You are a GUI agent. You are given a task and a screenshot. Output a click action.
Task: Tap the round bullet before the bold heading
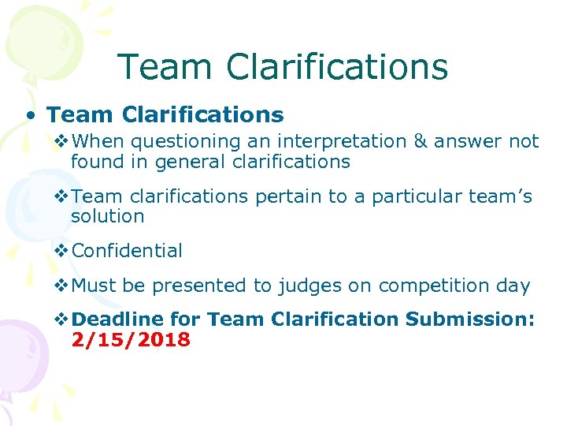click(29, 116)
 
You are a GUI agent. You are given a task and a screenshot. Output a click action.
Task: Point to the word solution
click(107, 216)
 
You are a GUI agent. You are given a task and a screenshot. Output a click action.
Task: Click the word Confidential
click(127, 251)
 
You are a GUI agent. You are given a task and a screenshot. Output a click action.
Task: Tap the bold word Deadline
click(117, 319)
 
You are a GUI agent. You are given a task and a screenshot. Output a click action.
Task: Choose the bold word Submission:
click(470, 319)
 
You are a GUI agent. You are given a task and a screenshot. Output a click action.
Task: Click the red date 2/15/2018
click(130, 340)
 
